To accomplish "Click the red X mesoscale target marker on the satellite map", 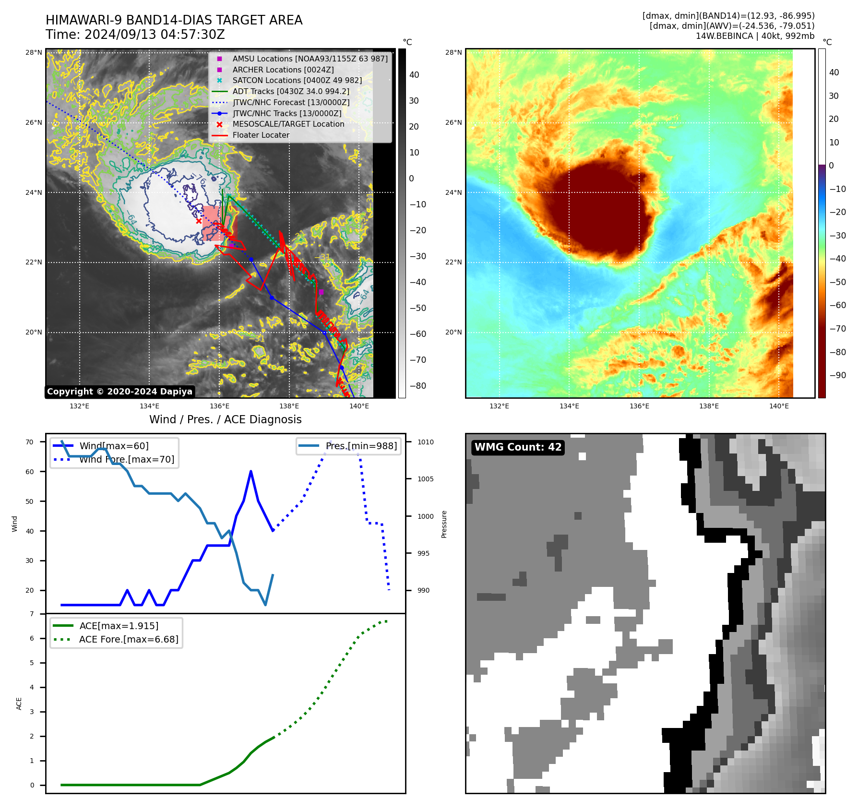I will (199, 221).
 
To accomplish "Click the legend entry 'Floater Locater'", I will (261, 135).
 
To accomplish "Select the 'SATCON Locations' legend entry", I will (297, 81).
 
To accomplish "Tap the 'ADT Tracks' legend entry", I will (290, 92).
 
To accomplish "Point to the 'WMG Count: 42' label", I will (518, 447).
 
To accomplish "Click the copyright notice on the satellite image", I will (119, 392).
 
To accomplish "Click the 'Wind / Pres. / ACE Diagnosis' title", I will (226, 420).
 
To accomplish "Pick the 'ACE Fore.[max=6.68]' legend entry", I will (129, 640).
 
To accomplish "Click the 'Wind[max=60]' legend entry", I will (114, 446).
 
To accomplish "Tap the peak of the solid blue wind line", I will (251, 472).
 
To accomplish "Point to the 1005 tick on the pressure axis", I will (425, 479).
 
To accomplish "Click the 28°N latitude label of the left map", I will (34, 53).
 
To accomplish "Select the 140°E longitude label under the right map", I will (779, 406).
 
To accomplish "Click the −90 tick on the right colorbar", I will (838, 375).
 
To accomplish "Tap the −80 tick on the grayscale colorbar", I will (417, 386).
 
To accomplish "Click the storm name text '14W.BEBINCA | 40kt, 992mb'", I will (755, 36).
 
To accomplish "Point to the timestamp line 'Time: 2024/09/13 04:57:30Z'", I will (135, 35).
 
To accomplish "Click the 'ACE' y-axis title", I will (19, 704).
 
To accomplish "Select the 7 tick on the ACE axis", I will (32, 614).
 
